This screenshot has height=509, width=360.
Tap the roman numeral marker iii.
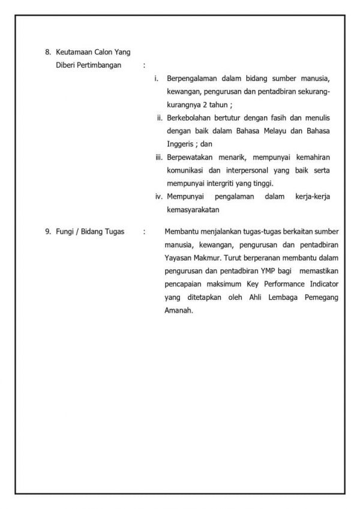(x=159, y=157)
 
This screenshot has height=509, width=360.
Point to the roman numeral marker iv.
(x=159, y=197)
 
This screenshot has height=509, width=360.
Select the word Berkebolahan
(x=192, y=118)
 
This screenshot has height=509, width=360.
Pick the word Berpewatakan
(x=193, y=157)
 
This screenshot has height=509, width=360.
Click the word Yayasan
(x=178, y=257)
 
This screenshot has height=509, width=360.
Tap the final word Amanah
(x=178, y=310)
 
